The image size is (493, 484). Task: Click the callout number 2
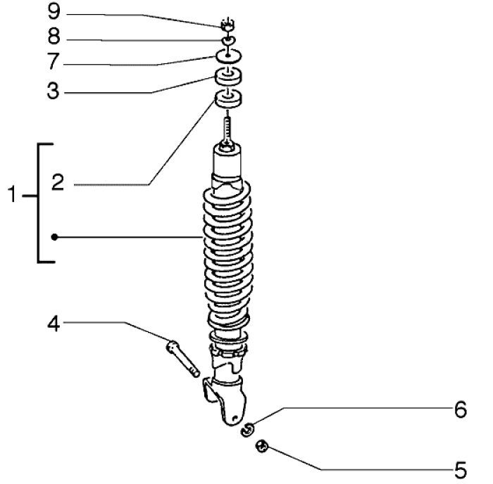pyautogui.click(x=58, y=184)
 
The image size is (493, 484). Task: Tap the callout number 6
pyautogui.click(x=459, y=410)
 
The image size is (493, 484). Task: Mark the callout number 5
pyautogui.click(x=459, y=468)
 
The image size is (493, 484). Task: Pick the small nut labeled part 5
pyautogui.click(x=263, y=446)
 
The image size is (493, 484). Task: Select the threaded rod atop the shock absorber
pyautogui.click(x=227, y=129)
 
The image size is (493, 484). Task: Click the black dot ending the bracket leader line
pyautogui.click(x=54, y=238)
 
